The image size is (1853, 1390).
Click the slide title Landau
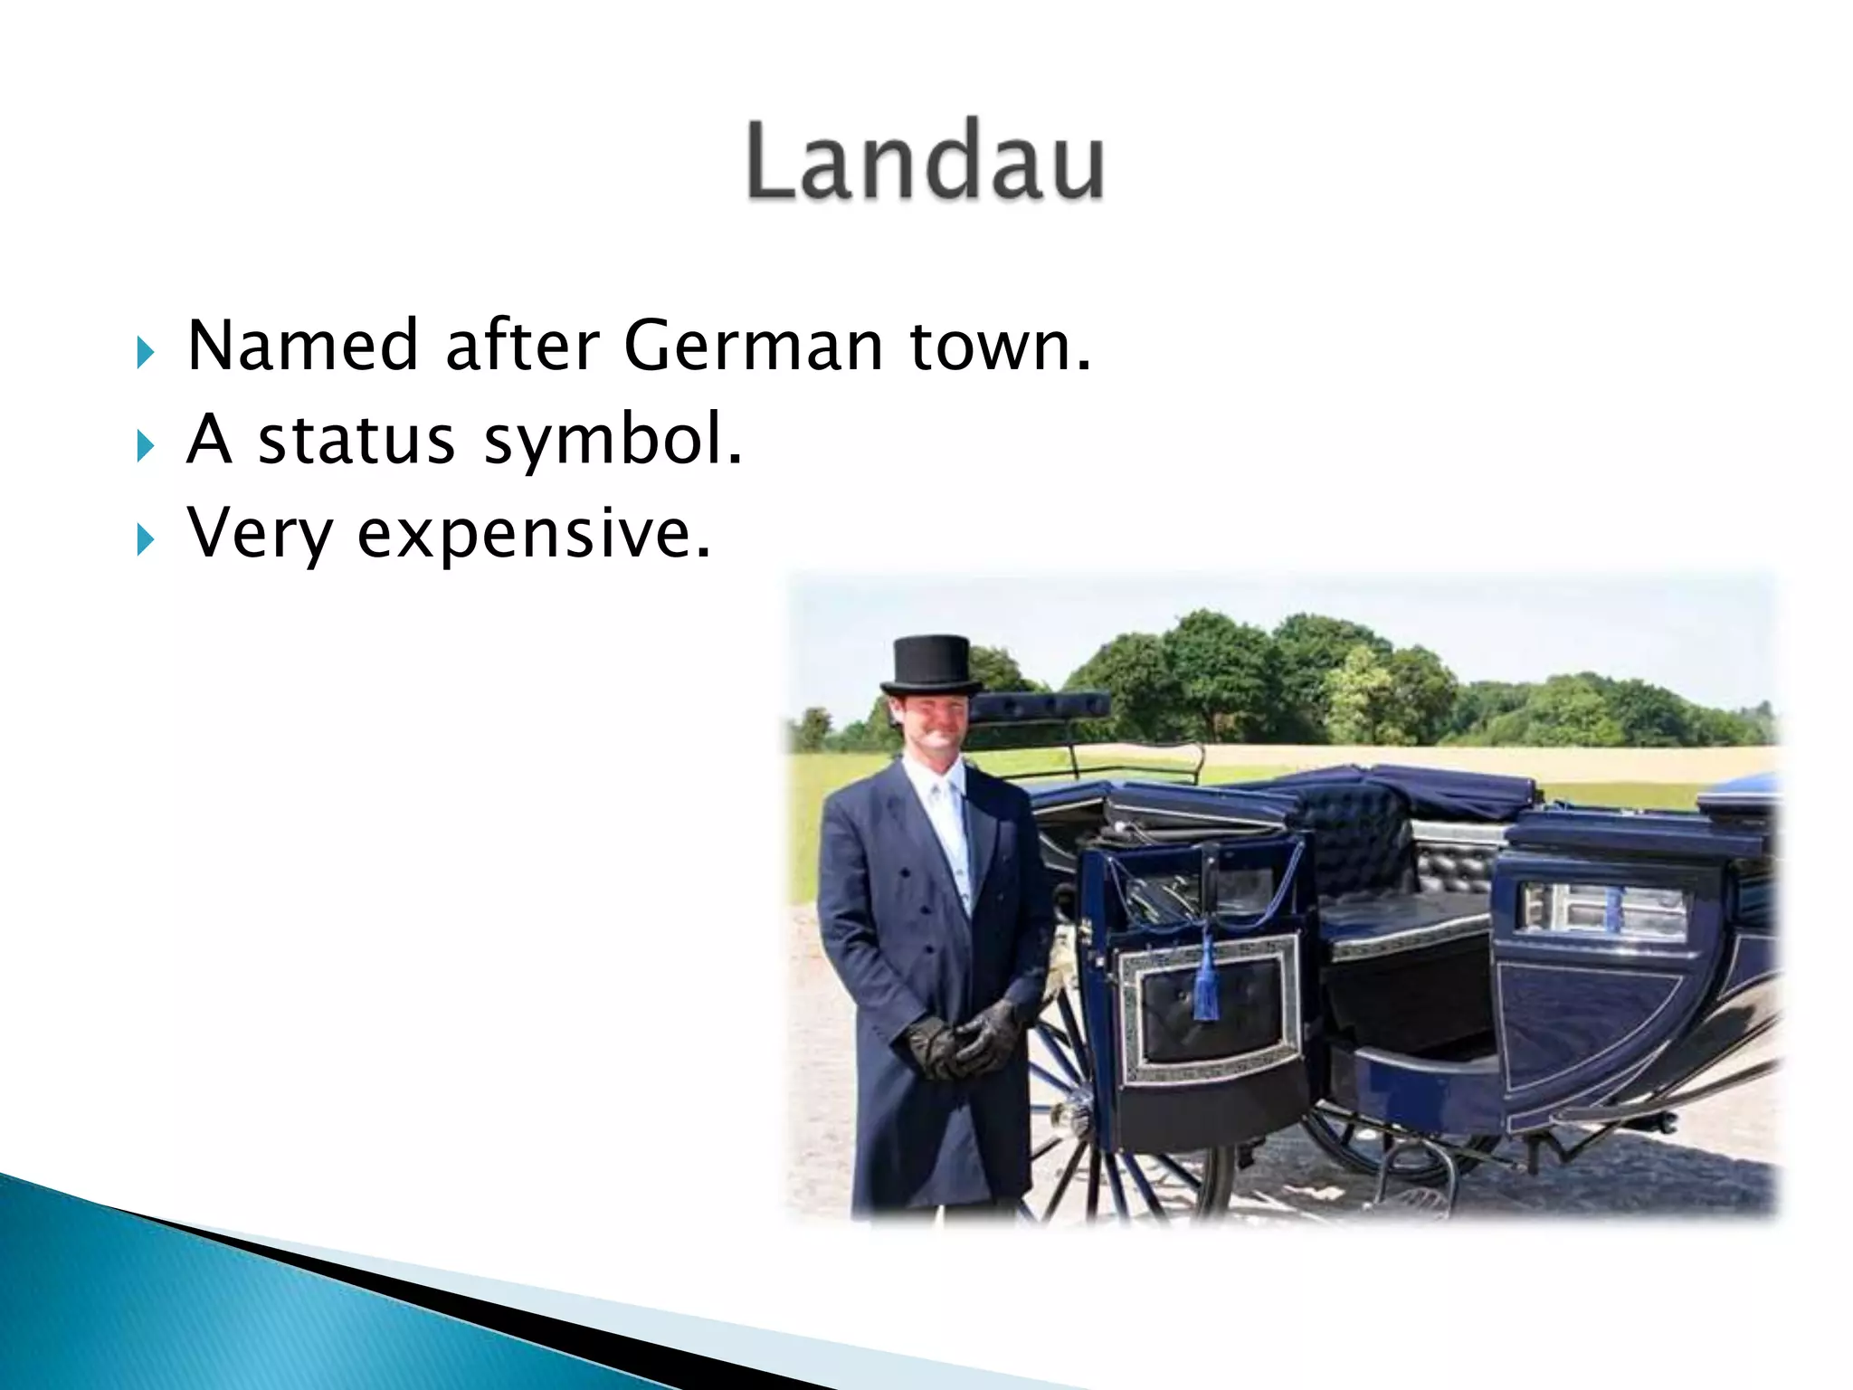point(925,161)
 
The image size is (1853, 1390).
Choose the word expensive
point(534,536)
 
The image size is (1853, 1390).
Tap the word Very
point(260,536)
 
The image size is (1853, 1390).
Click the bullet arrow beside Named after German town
point(146,351)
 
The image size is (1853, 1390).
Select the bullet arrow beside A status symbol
point(146,445)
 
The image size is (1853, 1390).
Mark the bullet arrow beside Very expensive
point(146,539)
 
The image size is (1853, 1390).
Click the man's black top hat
point(931,664)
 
